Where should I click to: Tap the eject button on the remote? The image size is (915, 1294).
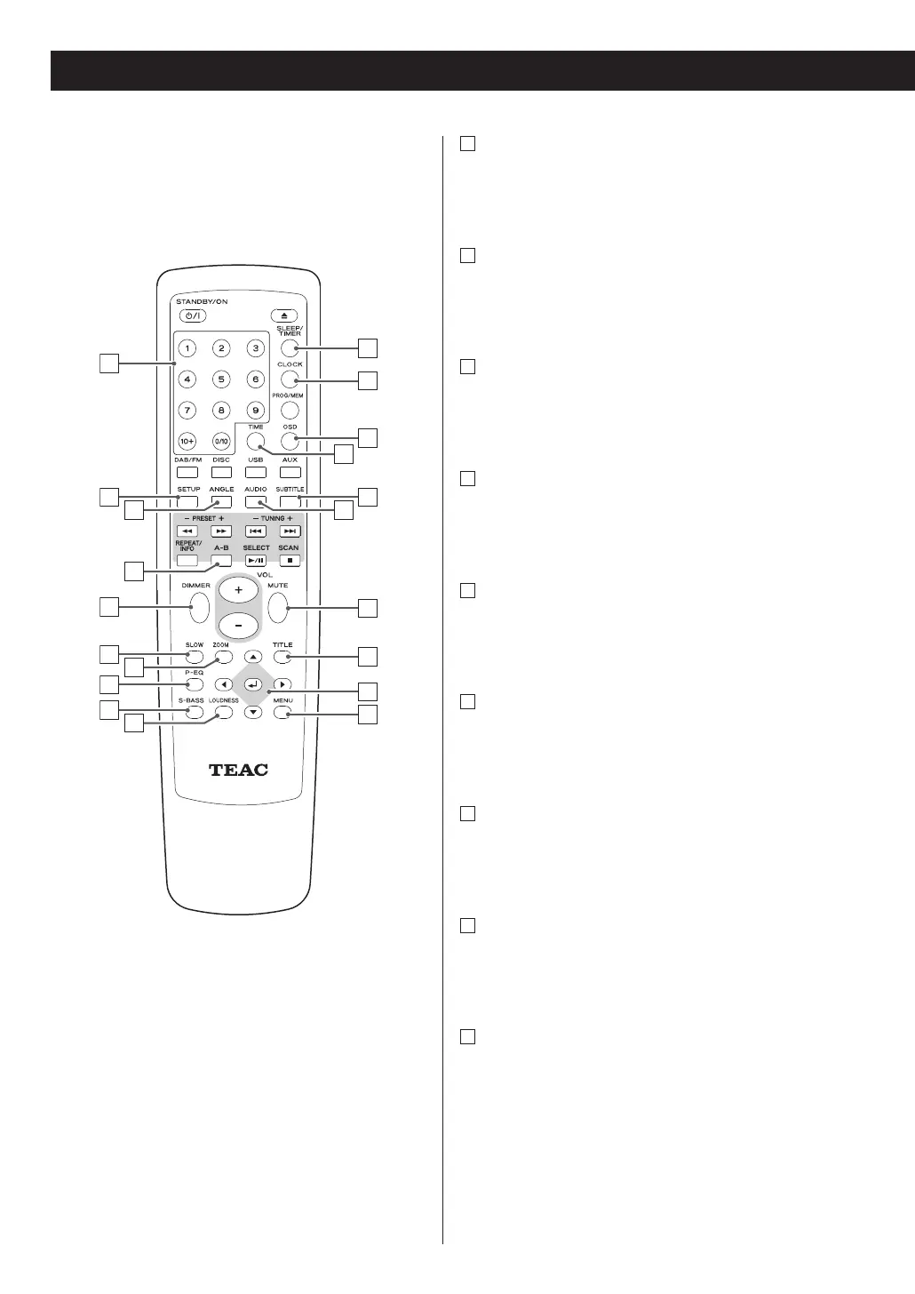[x=284, y=316]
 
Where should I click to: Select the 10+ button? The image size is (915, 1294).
[x=187, y=441]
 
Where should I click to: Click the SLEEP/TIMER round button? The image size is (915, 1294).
[x=290, y=348]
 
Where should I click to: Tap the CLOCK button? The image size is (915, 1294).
[x=290, y=379]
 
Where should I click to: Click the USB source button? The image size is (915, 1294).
[x=256, y=472]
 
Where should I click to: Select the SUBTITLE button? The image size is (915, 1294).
[x=290, y=501]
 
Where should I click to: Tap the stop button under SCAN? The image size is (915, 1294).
[x=290, y=560]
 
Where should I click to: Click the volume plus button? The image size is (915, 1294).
[x=239, y=590]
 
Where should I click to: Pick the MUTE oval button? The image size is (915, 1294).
[x=278, y=608]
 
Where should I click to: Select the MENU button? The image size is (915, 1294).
[x=282, y=713]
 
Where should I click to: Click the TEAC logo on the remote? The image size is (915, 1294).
[x=238, y=770]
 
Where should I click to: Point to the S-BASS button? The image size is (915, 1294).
[x=195, y=713]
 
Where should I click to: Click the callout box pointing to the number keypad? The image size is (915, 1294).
[x=108, y=363]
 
